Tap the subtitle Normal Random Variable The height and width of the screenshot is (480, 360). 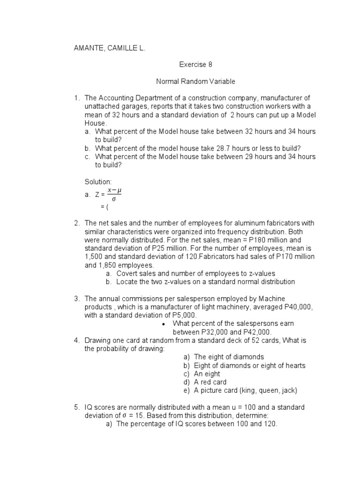(x=195, y=82)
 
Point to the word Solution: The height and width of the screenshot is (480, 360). (x=97, y=181)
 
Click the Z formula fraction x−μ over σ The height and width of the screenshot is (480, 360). (x=114, y=194)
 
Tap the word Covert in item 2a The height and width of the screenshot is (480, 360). (x=127, y=273)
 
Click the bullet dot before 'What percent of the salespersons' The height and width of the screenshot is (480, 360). (x=163, y=324)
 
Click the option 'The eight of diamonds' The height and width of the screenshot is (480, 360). (x=229, y=357)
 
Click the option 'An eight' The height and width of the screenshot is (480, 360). (x=207, y=374)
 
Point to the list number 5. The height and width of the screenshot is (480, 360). (x=76, y=407)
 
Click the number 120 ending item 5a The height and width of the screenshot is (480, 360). (x=270, y=424)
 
